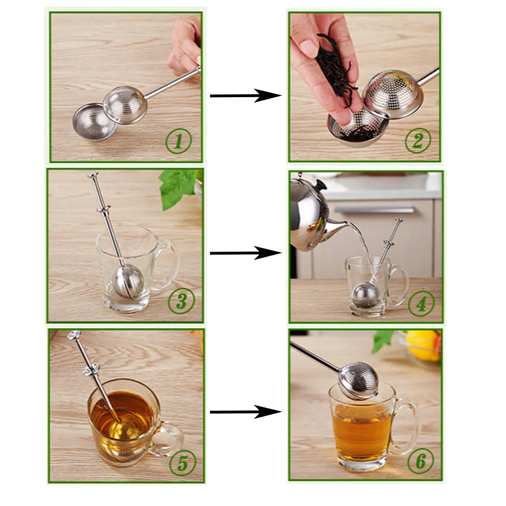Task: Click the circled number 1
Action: (178, 141)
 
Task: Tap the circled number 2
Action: (417, 141)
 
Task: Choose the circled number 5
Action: (182, 463)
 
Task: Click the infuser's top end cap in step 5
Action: (74, 335)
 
